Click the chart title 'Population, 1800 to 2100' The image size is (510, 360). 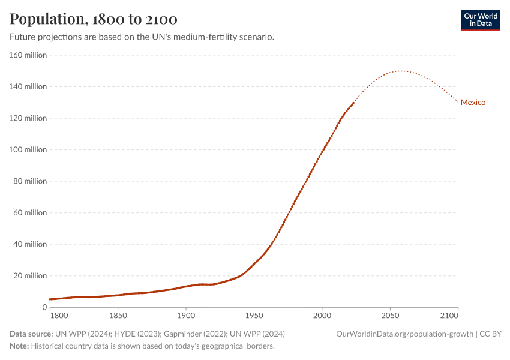[94, 19]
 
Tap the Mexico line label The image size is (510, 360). [473, 103]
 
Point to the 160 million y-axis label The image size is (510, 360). [28, 55]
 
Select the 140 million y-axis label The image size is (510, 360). [28, 87]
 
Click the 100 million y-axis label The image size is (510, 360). [28, 150]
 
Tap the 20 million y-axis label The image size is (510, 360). [30, 276]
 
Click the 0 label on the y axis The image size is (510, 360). [44, 307]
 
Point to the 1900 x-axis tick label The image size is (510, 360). [186, 315]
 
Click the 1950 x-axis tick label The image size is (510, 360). [254, 315]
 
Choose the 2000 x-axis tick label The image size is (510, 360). [322, 315]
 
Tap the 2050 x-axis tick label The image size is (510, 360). [390, 315]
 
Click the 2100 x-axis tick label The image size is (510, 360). [457, 315]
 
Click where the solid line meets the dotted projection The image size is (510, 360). [353, 103]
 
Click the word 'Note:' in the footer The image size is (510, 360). [19, 346]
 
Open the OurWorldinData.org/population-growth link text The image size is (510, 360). [405, 334]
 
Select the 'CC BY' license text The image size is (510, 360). [491, 334]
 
